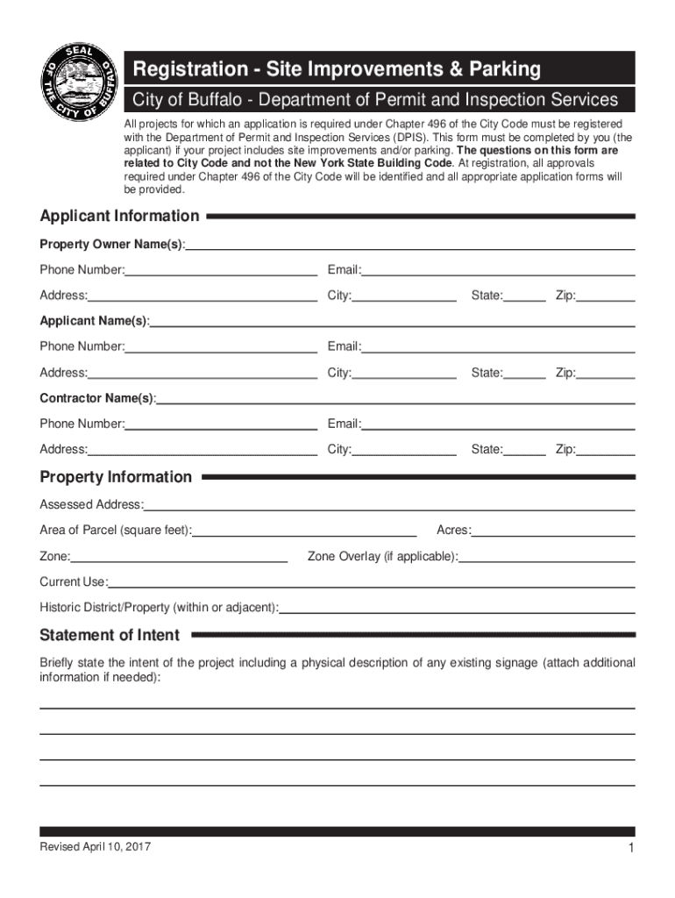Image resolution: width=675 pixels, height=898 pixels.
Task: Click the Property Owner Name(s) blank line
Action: pyautogui.click(x=409, y=244)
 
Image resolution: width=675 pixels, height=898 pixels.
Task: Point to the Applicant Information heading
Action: pyautogui.click(x=120, y=216)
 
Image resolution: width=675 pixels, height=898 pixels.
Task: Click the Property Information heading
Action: pyautogui.click(x=116, y=477)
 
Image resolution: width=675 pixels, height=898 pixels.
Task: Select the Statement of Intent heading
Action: pyautogui.click(x=110, y=635)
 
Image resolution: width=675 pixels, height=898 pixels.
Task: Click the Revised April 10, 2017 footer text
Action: pyautogui.click(x=94, y=846)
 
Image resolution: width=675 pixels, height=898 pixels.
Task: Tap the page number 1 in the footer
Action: pyautogui.click(x=630, y=847)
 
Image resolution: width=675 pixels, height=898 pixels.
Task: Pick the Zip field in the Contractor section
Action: pyautogui.click(x=606, y=450)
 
